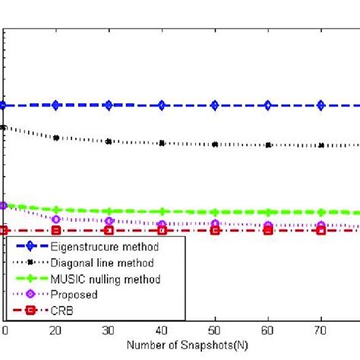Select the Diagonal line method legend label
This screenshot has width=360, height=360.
coord(102,263)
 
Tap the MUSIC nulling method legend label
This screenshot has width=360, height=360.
coord(106,279)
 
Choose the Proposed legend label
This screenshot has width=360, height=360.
coord(74,294)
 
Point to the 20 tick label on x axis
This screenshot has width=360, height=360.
coord(56,331)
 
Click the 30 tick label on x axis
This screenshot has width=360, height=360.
coord(109,331)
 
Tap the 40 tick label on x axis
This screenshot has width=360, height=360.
coord(162,331)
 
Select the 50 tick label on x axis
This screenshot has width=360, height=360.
coord(215,331)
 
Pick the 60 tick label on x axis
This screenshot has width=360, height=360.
coord(268,331)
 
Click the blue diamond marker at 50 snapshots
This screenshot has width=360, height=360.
coord(215,106)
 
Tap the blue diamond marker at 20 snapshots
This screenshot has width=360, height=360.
coord(56,106)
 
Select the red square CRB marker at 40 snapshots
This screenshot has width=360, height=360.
coord(162,230)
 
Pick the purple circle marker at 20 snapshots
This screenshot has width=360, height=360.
coord(56,219)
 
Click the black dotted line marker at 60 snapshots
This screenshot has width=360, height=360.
coord(268,145)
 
